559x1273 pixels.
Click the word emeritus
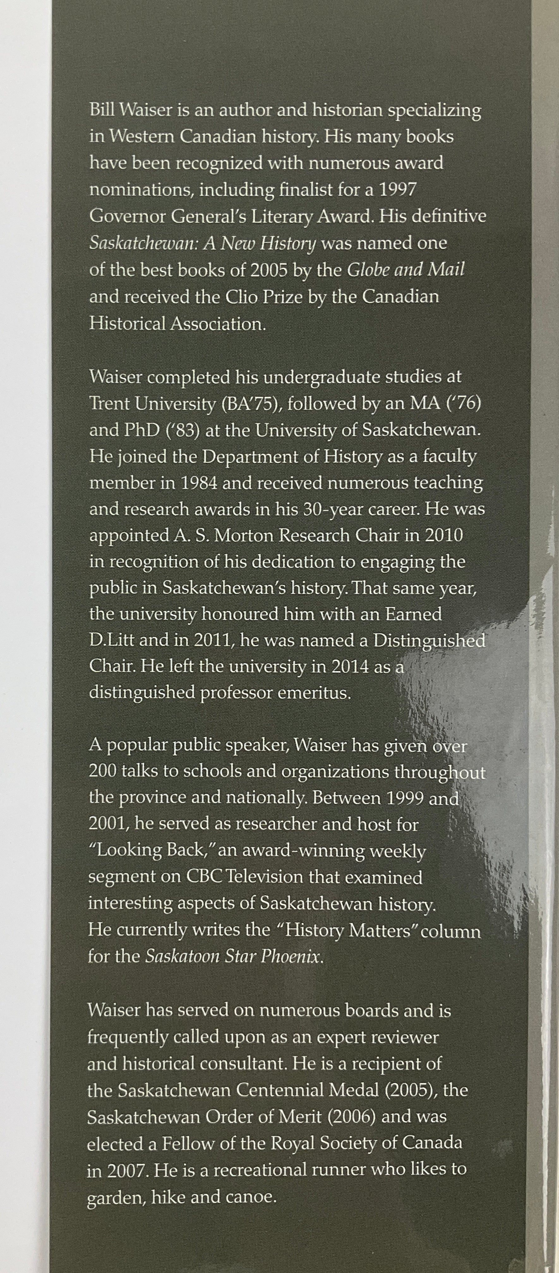(321, 693)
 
